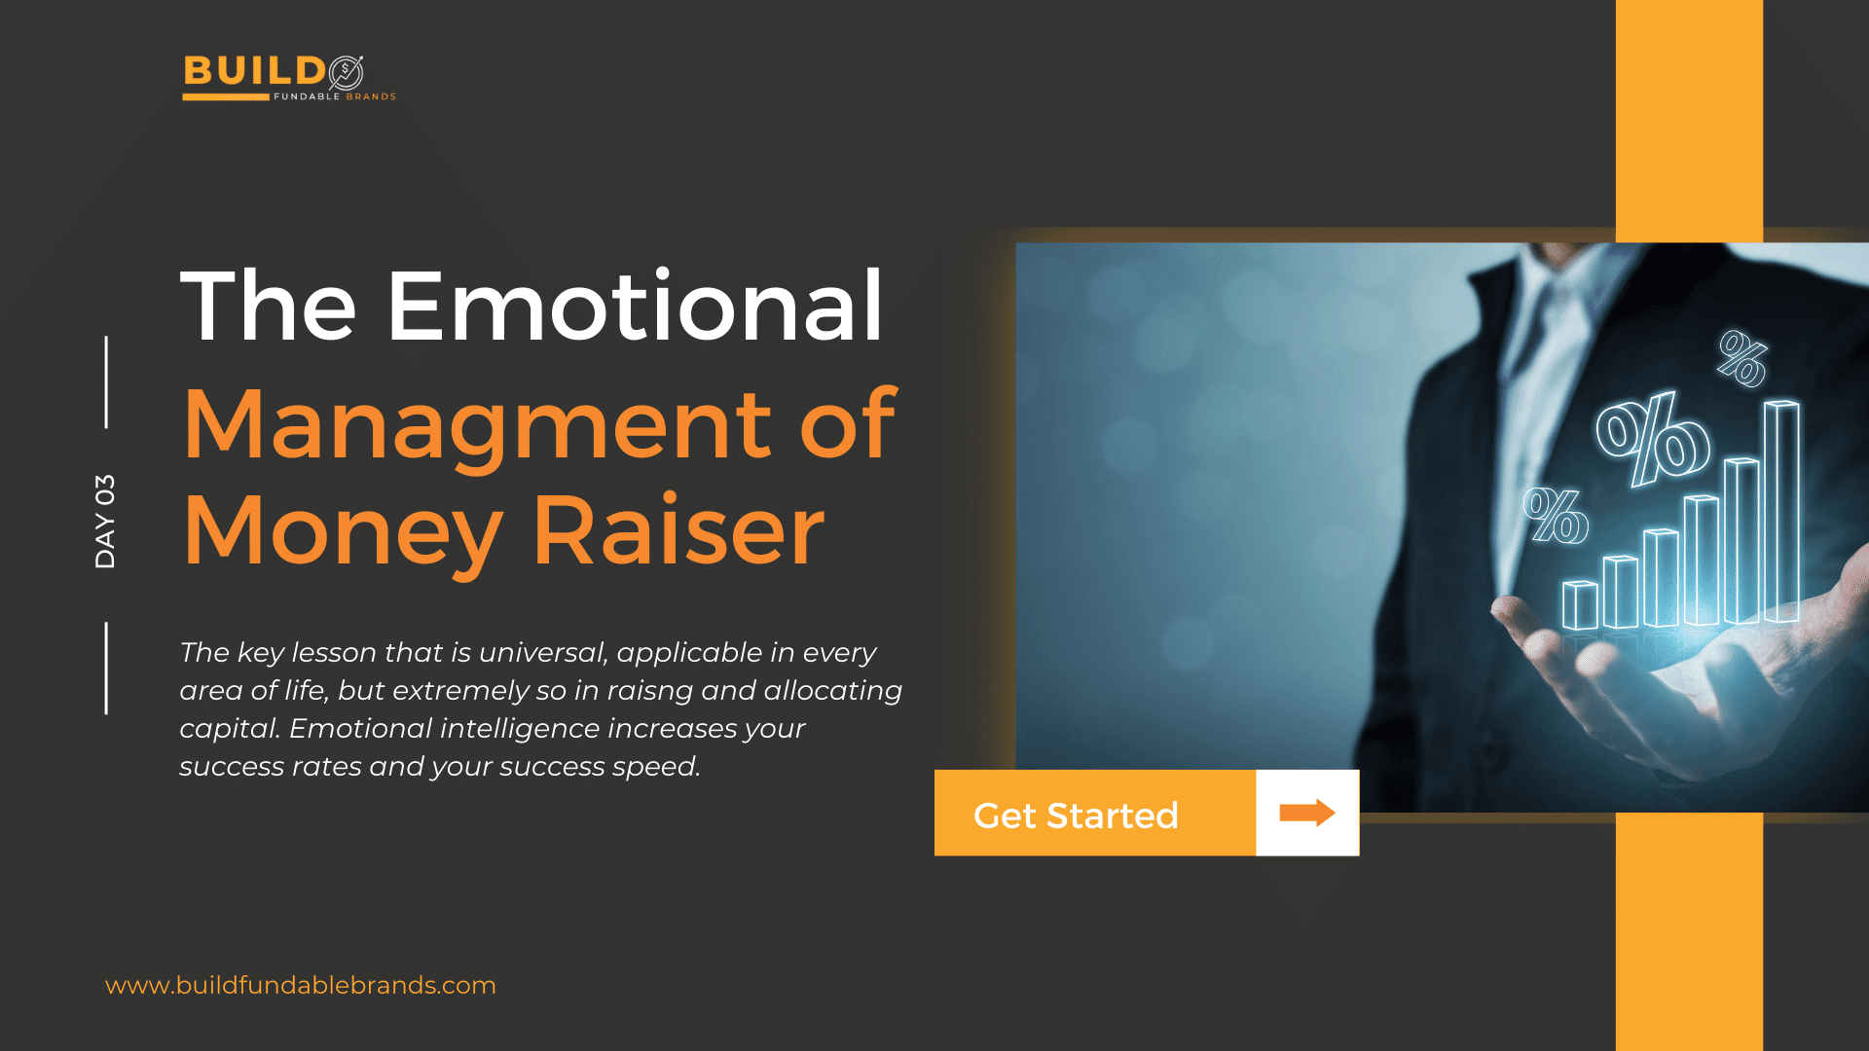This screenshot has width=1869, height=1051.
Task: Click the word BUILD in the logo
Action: pyautogui.click(x=254, y=72)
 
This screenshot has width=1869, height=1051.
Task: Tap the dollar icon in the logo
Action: pyautogui.click(x=346, y=72)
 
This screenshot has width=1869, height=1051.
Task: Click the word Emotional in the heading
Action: pyautogui.click(x=635, y=307)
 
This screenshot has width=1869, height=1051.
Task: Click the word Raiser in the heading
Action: pyautogui.click(x=679, y=531)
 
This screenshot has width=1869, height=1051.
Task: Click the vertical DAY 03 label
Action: pyautogui.click(x=105, y=522)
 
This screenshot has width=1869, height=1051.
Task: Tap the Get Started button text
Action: pyautogui.click(x=1076, y=815)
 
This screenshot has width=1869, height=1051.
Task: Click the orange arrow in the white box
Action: pyautogui.click(x=1307, y=813)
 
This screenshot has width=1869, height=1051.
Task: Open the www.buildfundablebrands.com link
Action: pyautogui.click(x=301, y=985)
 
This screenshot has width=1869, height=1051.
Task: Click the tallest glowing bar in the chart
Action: pyautogui.click(x=1781, y=511)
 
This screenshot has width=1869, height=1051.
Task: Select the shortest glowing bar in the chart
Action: pyautogui.click(x=1580, y=605)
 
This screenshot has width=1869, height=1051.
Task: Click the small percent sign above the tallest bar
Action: pyautogui.click(x=1742, y=358)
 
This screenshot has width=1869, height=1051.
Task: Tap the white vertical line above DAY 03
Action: pyautogui.click(x=106, y=381)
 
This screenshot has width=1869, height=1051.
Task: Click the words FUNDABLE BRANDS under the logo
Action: pyautogui.click(x=335, y=96)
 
